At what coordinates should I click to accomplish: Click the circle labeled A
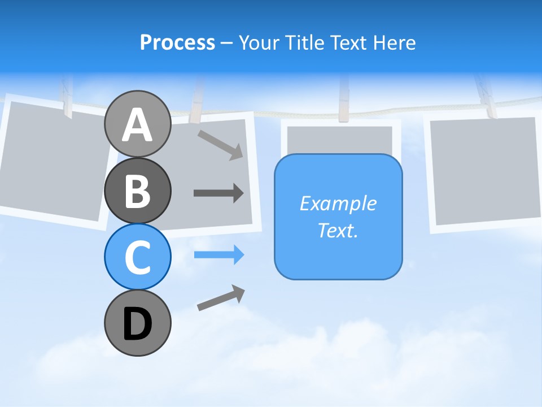(137, 124)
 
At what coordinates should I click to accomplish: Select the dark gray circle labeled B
(137, 190)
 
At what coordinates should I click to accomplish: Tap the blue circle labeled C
(137, 257)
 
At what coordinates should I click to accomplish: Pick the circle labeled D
(137, 323)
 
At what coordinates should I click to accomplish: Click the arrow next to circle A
(220, 145)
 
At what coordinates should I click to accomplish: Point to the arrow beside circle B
(218, 193)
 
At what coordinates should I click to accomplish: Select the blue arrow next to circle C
(218, 255)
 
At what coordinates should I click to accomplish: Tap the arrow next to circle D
(221, 298)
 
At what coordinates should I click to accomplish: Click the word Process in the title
(177, 42)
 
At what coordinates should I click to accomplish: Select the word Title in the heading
(304, 42)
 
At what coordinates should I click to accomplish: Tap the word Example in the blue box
(338, 203)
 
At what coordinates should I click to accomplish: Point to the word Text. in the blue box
(338, 230)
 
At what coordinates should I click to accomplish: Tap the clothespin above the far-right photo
(486, 96)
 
